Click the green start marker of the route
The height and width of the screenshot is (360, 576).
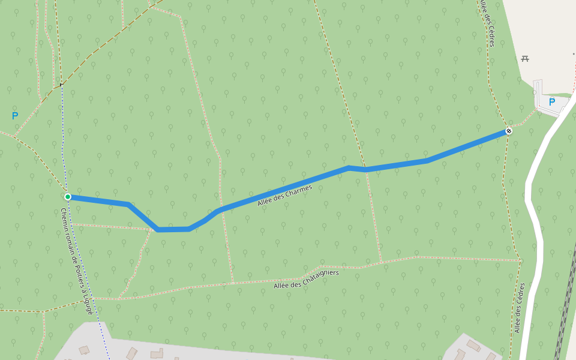click(x=68, y=197)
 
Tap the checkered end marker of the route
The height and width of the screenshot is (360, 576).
click(x=509, y=131)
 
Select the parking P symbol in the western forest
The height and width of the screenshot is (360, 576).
click(x=15, y=116)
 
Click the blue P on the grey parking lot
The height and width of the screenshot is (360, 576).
click(x=551, y=102)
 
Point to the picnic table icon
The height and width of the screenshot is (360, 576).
click(x=525, y=58)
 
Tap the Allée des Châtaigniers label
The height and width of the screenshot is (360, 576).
click(x=306, y=279)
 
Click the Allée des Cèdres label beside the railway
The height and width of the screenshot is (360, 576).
click(x=520, y=308)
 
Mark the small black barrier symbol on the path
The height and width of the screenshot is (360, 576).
click(x=61, y=85)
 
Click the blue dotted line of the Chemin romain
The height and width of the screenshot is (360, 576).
click(x=62, y=138)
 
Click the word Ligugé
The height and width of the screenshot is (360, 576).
click(x=88, y=304)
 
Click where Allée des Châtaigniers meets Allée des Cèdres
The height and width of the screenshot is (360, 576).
click(x=520, y=260)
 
